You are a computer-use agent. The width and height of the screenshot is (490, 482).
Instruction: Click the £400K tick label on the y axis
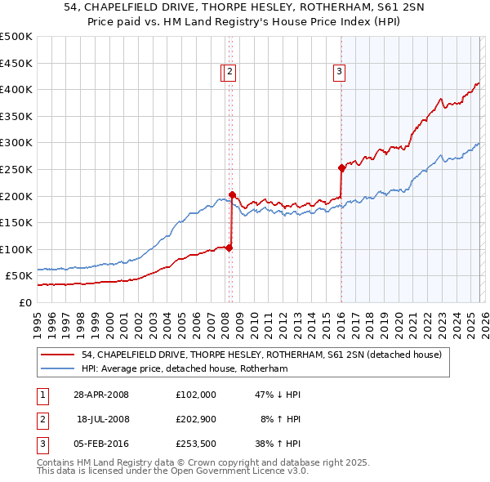[16, 89]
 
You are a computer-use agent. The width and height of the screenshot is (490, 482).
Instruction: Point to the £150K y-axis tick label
[16, 222]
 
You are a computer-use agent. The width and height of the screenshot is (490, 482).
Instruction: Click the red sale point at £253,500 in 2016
[341, 167]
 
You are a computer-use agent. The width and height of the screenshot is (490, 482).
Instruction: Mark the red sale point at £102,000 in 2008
[229, 248]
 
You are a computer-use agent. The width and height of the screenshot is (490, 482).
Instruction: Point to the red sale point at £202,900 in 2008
[232, 194]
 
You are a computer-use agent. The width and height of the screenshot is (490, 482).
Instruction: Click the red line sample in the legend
[59, 355]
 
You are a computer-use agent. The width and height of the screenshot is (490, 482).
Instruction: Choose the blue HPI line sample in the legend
[59, 368]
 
